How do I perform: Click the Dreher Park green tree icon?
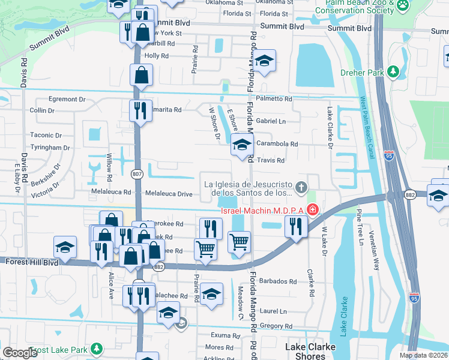pyautogui.click(x=394, y=72)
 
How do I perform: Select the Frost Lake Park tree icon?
pyautogui.click(x=95, y=349)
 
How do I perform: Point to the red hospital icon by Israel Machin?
pyautogui.click(x=312, y=209)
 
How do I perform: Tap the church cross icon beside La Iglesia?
pyautogui.click(x=301, y=187)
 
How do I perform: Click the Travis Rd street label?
pyautogui.click(x=270, y=160)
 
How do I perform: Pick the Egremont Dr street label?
pyautogui.click(x=55, y=99)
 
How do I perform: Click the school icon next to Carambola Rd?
pyautogui.click(x=242, y=145)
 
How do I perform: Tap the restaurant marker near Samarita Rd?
pyautogui.click(x=140, y=110)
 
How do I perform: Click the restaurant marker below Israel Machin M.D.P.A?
pyautogui.click(x=296, y=226)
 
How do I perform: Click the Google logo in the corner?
pyautogui.click(x=20, y=353)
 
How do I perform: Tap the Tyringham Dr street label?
pyautogui.click(x=50, y=148)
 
